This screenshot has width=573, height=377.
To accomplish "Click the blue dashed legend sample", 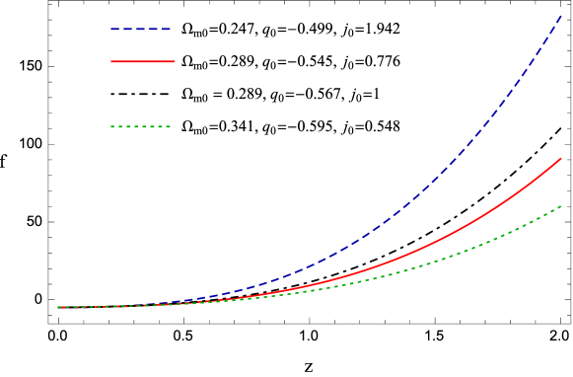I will pyautogui.click(x=141, y=30).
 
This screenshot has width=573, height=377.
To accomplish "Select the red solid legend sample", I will pyautogui.click(x=142, y=61).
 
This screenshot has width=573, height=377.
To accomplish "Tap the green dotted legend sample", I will pyautogui.click(x=141, y=126).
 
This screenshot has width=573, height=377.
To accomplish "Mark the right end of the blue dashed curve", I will pyautogui.click(x=561, y=16).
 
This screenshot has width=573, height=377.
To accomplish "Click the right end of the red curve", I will pyautogui.click(x=561, y=158).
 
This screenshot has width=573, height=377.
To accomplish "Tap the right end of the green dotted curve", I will pyautogui.click(x=561, y=206).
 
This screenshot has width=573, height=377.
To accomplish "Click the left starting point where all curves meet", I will pyautogui.click(x=58, y=307).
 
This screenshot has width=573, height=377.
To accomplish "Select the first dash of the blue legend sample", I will pyautogui.click(x=114, y=30).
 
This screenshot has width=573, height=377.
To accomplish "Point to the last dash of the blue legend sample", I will pyautogui.click(x=167, y=30).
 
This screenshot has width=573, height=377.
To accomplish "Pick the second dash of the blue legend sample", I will pyautogui.click(x=128, y=30).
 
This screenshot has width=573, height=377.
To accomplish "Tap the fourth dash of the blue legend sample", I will pyautogui.click(x=154, y=30).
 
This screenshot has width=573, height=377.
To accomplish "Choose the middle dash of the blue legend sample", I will pyautogui.click(x=141, y=30).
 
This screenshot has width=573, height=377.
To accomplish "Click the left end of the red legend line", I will pyautogui.click(x=111, y=61).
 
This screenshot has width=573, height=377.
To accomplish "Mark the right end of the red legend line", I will pyautogui.click(x=173, y=61).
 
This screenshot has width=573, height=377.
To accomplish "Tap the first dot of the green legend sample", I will pyautogui.click(x=112, y=126).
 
